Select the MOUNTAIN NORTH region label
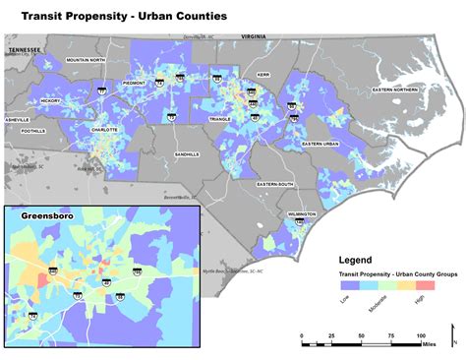[x=85, y=60]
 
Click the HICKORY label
[x=51, y=100]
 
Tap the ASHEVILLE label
[x=18, y=119]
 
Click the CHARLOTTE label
[x=103, y=130]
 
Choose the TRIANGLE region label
[x=220, y=118]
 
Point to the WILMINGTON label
[x=302, y=213]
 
